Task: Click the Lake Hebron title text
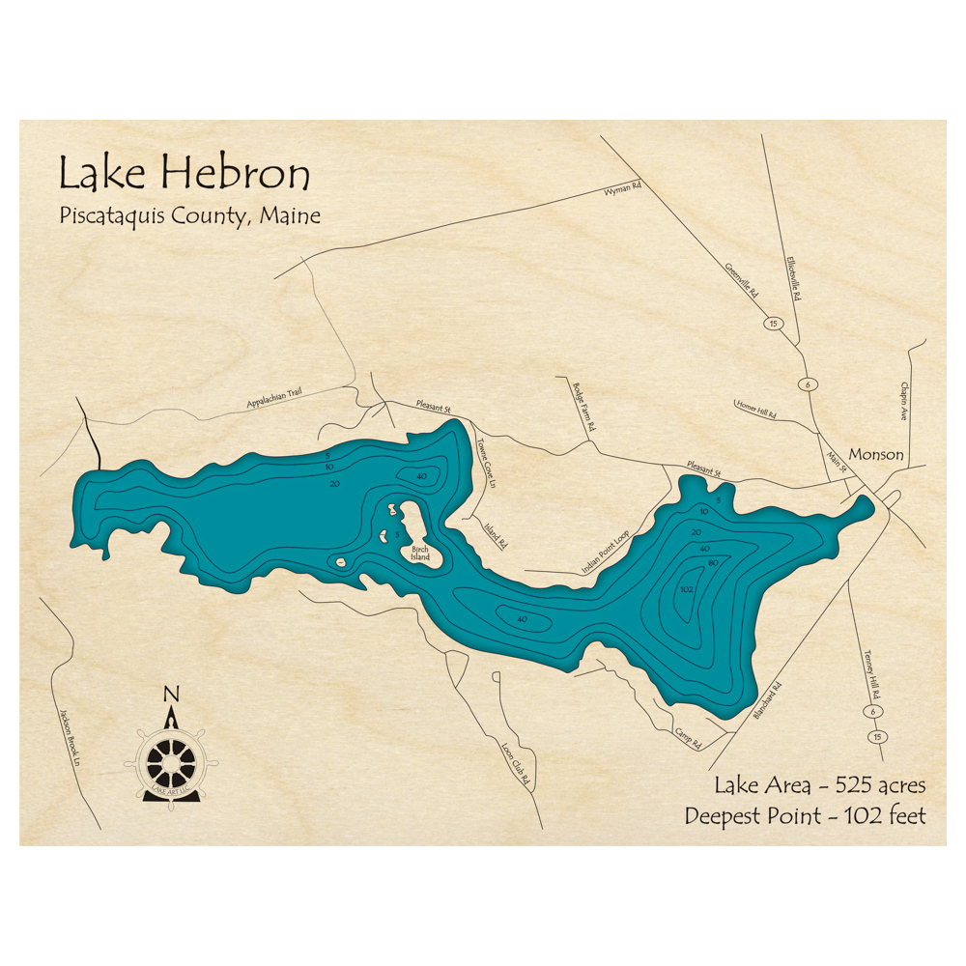(x=185, y=174)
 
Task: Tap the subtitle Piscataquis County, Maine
(x=189, y=215)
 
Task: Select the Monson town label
(x=875, y=454)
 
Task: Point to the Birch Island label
(x=416, y=554)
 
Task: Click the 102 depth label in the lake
(x=689, y=589)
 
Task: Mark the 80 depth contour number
(x=712, y=563)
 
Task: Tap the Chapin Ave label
(x=905, y=399)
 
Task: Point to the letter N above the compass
(x=171, y=693)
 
